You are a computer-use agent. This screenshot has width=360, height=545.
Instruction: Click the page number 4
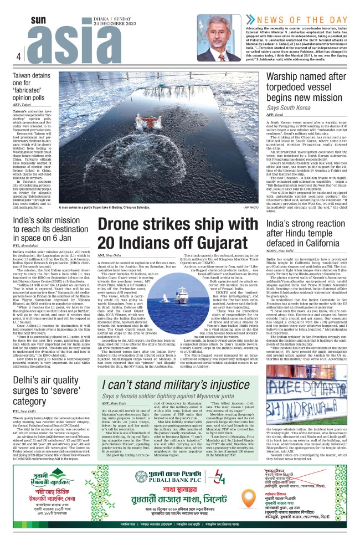[18, 56]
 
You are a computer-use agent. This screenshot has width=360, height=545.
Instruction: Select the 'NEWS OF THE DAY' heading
[296, 18]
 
